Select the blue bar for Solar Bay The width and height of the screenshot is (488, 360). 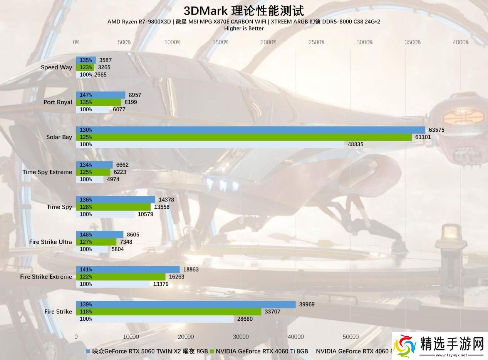(250, 130)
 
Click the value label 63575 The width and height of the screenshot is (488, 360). (436, 130)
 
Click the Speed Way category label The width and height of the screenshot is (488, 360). (56, 67)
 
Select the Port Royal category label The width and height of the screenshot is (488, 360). (57, 102)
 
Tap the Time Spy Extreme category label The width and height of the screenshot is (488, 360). (47, 172)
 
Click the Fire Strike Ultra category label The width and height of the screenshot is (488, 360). (50, 242)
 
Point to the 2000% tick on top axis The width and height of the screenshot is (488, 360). (268, 42)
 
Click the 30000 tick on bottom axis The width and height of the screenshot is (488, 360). (241, 337)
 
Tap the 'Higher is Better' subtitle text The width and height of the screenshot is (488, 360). (244, 28)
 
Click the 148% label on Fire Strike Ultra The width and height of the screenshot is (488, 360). (86, 234)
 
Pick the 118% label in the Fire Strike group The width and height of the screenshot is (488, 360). (86, 312)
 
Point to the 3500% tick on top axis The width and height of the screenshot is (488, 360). (413, 42)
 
